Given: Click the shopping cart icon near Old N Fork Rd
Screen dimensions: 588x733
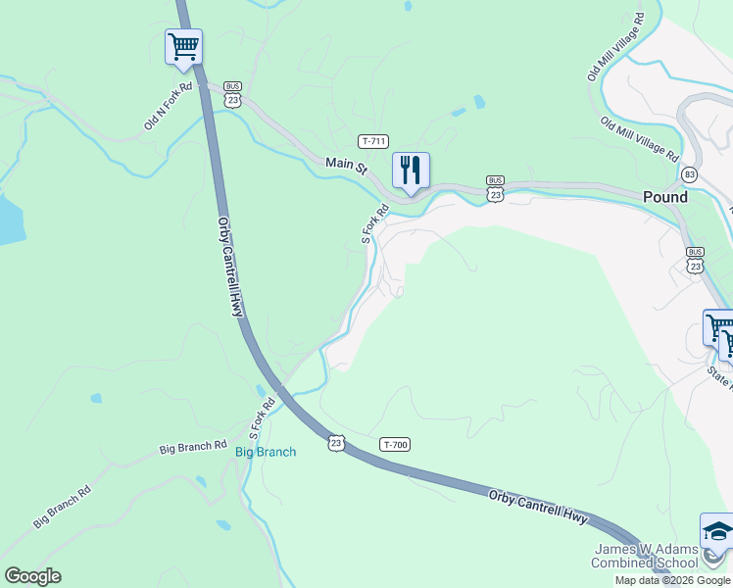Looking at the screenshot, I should tap(183, 46).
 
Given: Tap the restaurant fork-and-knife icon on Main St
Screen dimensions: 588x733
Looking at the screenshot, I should tap(411, 170).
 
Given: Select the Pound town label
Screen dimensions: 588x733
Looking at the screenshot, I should tap(665, 197).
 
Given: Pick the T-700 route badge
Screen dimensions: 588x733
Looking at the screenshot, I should tap(395, 445).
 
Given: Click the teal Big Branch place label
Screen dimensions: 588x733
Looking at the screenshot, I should tap(266, 452).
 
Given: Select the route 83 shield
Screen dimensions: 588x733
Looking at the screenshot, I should tap(690, 174).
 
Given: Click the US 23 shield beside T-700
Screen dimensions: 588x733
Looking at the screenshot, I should tap(337, 443).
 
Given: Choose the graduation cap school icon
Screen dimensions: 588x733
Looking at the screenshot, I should tap(716, 530).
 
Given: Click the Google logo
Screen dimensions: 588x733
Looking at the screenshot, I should tap(32, 576).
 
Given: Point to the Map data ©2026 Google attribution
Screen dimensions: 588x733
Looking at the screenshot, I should tap(671, 580).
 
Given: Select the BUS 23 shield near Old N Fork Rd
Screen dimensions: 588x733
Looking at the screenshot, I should tap(232, 93).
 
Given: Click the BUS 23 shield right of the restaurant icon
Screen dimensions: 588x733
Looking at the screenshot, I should tap(496, 188).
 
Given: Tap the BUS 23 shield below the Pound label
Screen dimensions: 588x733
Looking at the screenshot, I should tap(696, 260).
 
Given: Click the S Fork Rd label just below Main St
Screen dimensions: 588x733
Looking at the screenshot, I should tap(369, 223).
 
